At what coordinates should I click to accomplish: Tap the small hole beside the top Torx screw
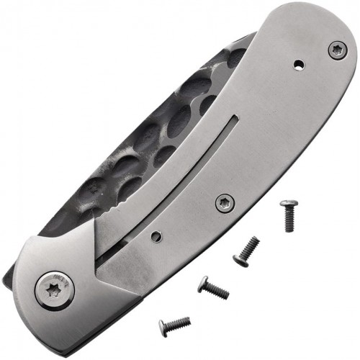coord(298,66)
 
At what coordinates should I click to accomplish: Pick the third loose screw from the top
coord(213,288)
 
